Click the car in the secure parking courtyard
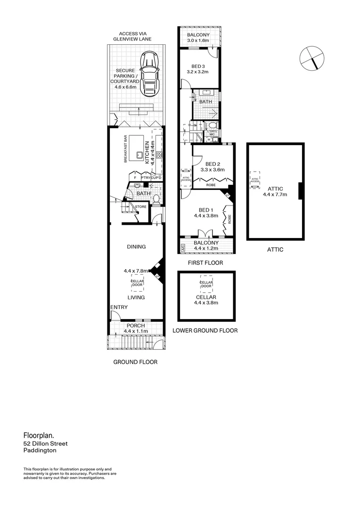(x=150, y=73)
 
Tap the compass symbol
(x=312, y=58)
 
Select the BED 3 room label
(x=198, y=66)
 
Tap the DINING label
(x=136, y=246)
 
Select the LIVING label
(x=136, y=297)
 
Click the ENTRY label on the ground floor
(x=119, y=307)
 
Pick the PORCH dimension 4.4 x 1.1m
(x=136, y=331)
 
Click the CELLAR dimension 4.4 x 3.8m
(x=206, y=304)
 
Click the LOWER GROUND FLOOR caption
(x=205, y=330)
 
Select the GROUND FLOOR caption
(x=135, y=362)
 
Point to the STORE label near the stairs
(x=140, y=206)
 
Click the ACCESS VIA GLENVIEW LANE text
(x=135, y=37)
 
